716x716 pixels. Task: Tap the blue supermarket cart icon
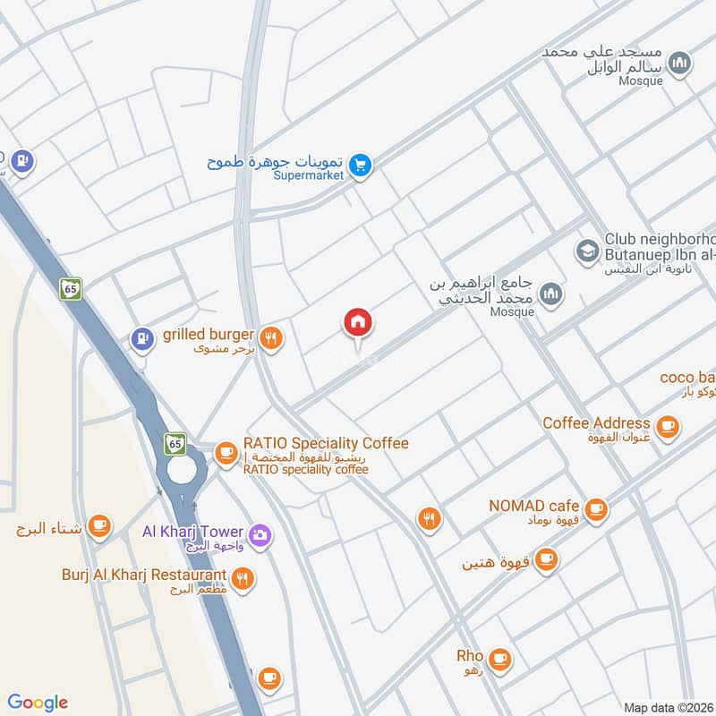click(361, 165)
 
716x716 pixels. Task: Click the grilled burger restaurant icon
click(273, 337)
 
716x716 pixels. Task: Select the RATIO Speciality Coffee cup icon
click(226, 451)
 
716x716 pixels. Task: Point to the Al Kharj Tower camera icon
click(260, 535)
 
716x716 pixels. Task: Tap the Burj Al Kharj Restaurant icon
click(242, 579)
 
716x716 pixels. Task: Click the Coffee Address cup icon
click(667, 428)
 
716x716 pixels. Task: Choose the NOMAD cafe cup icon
click(598, 510)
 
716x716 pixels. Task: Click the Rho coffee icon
click(499, 660)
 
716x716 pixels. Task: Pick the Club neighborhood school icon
click(587, 249)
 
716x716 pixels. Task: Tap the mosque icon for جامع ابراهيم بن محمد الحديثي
click(552, 293)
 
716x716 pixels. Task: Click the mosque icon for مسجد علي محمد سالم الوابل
click(681, 63)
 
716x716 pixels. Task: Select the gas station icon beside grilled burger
click(141, 338)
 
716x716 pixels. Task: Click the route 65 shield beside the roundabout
click(175, 442)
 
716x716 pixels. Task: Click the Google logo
click(38, 703)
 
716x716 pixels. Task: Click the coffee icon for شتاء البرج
click(99, 526)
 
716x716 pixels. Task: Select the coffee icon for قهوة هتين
click(546, 560)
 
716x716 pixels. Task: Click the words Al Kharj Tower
click(192, 531)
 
